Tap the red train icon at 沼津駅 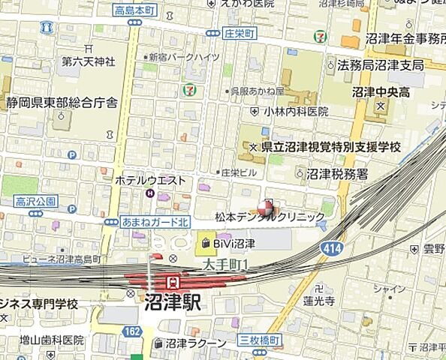(x=173, y=282)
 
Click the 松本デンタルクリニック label (x=270, y=217)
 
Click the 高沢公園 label (x=35, y=202)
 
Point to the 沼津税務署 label (x=337, y=173)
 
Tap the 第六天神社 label (x=88, y=61)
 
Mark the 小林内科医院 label (x=295, y=111)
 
